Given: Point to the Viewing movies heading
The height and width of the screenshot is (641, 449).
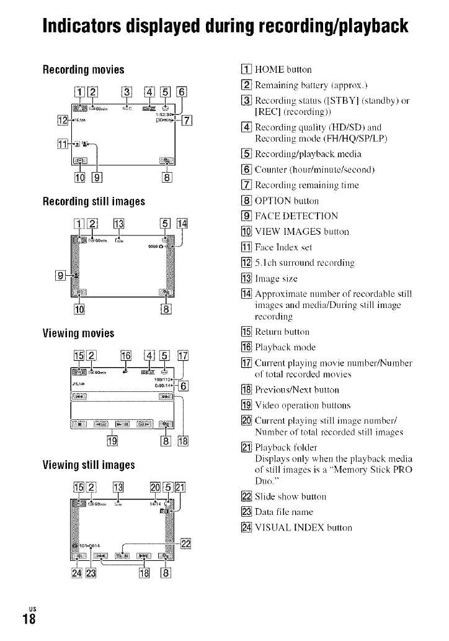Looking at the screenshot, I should [78, 333].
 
